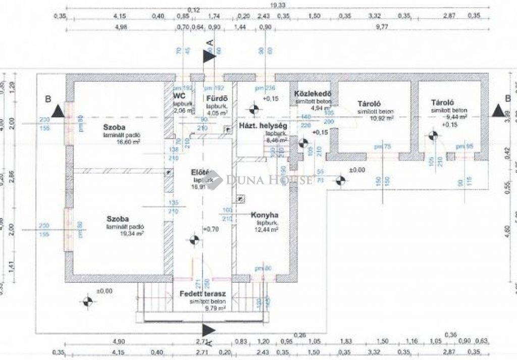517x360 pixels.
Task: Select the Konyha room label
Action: pos(265,215)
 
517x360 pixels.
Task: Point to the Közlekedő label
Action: pos(312,94)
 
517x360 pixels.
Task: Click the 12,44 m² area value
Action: pos(267,230)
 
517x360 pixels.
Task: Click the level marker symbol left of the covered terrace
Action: pos(87,301)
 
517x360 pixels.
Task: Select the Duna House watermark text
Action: pos(269,179)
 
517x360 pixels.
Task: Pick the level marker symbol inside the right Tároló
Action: pos(432,135)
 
